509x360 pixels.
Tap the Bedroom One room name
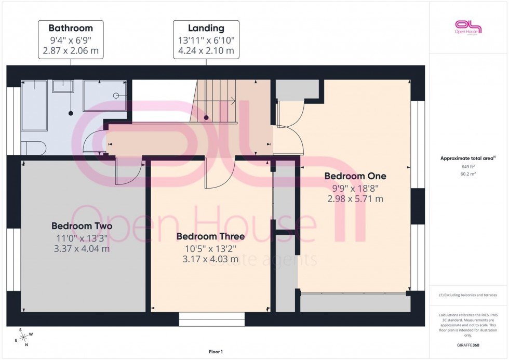[x=355, y=176]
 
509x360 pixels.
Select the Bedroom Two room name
[x=82, y=226]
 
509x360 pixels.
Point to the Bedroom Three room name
[x=210, y=236]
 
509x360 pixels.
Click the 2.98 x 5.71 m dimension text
[x=355, y=198]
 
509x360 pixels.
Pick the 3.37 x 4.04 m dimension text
[x=82, y=249]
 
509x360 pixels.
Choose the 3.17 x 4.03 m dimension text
[x=210, y=259]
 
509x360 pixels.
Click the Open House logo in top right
[x=468, y=27]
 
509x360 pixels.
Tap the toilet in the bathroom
[x=34, y=148]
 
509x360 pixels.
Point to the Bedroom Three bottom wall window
[x=211, y=317]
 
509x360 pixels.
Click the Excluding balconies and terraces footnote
[x=468, y=295]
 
